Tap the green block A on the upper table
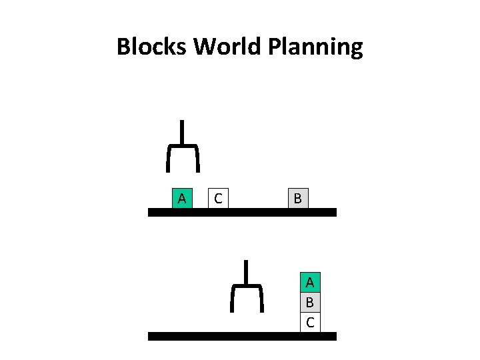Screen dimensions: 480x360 (181, 198)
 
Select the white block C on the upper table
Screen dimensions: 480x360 (218, 198)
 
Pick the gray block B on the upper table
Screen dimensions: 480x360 (297, 198)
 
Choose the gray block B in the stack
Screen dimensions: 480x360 (310, 303)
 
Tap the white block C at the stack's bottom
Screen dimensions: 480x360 (310, 323)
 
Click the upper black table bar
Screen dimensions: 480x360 (242, 212)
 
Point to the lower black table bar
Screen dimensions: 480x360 (242, 337)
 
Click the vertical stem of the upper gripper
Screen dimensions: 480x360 (182, 131)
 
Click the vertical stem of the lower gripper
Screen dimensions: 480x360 (247, 271)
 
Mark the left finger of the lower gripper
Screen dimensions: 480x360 (233, 299)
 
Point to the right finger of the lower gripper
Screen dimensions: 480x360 (262, 299)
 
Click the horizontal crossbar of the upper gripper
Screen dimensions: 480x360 (182, 145)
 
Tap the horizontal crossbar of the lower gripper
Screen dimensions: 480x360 (247, 285)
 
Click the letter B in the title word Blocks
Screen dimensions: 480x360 (124, 47)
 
